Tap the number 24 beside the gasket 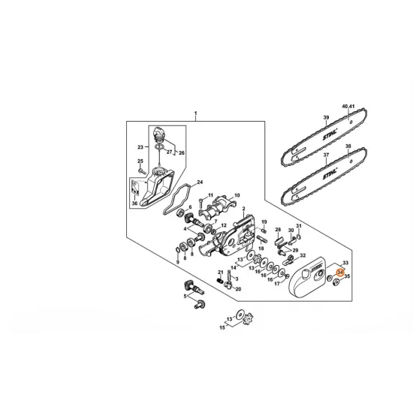pos(199,182)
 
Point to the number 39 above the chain pos(327,119)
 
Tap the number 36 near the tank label pos(135,203)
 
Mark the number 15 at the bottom pos(221,327)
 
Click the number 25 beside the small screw pos(140,161)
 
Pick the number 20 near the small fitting pos(238,288)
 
